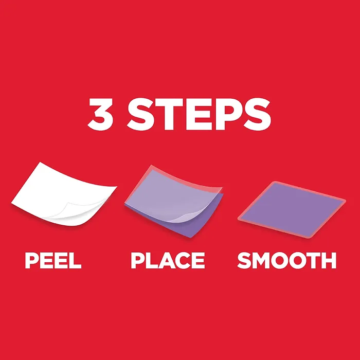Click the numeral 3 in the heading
[x=101, y=114]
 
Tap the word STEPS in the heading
[x=199, y=114]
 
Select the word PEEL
[x=53, y=260]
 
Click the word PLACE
[x=168, y=260]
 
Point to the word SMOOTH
[x=287, y=260]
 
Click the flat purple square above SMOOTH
[x=292, y=209]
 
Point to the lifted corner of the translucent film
[x=191, y=217]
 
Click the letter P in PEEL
[x=31, y=260]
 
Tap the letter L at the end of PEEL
[x=75, y=260]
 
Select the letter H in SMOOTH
[x=329, y=260]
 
